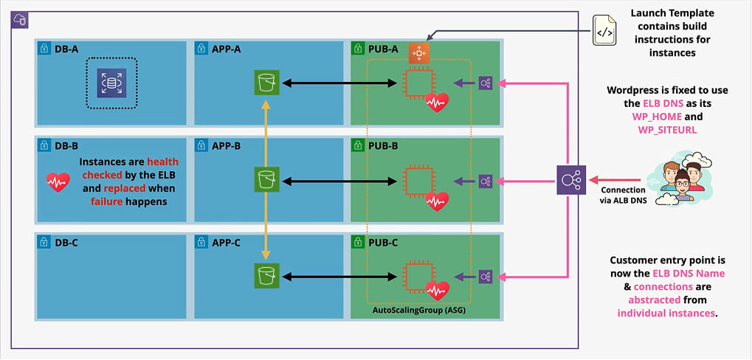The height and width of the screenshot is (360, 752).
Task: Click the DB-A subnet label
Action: [x=66, y=49]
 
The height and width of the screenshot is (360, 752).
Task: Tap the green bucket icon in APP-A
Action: [x=266, y=83]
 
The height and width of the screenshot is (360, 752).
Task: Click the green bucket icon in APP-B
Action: [x=266, y=179]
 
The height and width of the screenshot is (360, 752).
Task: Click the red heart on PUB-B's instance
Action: [x=437, y=200]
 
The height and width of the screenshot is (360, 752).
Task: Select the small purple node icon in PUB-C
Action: [x=485, y=277]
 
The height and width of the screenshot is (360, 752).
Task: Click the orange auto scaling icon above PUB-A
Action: [x=419, y=52]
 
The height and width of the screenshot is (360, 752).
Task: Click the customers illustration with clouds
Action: [x=677, y=177]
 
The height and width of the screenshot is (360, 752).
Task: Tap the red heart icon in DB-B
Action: [x=58, y=181]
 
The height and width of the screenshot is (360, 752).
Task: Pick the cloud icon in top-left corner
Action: [x=19, y=20]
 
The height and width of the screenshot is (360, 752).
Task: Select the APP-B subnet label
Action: [x=226, y=145]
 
